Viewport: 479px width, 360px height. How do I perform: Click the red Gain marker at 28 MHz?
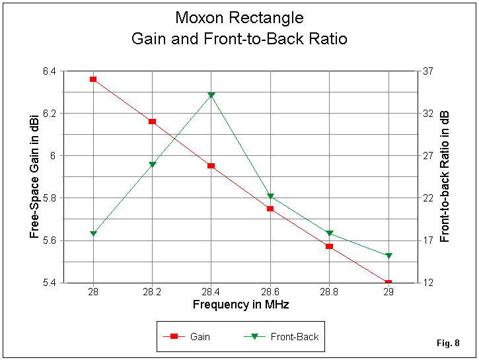[x=93, y=79]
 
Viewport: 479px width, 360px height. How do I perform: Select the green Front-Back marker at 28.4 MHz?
[x=211, y=95]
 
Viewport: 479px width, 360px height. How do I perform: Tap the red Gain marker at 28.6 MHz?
[x=270, y=209]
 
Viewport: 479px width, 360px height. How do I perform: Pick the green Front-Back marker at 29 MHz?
[x=388, y=256]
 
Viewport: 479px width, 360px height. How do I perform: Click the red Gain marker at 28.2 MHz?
[x=152, y=122]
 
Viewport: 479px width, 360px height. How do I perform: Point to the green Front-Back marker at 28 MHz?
[x=93, y=233]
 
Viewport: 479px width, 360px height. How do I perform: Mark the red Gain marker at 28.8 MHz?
[x=329, y=246]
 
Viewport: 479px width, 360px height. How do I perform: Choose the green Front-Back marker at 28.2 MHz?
[x=152, y=164]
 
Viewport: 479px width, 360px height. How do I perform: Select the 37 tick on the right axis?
[x=427, y=71]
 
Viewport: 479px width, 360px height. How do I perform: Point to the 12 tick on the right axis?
[x=427, y=283]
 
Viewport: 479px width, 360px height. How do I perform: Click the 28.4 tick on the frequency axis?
[x=211, y=292]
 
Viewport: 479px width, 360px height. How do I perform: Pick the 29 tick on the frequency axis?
[x=388, y=292]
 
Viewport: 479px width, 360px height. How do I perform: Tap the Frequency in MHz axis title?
[x=240, y=305]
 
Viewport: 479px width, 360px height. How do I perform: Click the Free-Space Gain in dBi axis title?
[x=33, y=176]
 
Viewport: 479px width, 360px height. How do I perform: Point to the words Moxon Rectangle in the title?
[x=239, y=17]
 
